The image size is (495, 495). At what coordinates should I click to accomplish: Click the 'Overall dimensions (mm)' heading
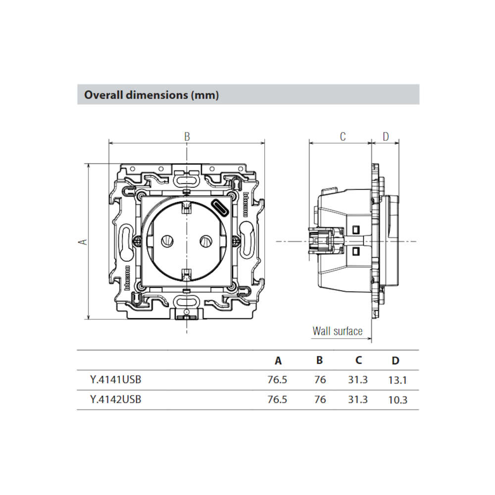tap(151, 95)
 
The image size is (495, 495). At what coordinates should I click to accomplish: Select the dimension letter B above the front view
tap(187, 137)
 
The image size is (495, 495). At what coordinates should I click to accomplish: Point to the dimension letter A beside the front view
tap(83, 242)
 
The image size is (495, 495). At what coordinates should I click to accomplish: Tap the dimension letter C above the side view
tap(343, 137)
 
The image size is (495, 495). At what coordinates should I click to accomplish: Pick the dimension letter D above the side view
tap(386, 137)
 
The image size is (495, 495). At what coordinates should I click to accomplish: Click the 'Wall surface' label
tap(338, 331)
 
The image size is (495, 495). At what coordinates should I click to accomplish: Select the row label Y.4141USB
tap(115, 380)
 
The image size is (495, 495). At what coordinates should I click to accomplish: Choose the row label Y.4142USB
tap(115, 399)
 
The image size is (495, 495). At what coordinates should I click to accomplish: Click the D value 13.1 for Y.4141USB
tap(397, 380)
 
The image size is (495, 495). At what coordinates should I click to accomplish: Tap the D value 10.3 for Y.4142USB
tap(397, 400)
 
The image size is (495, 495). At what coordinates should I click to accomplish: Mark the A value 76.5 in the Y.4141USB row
tap(277, 380)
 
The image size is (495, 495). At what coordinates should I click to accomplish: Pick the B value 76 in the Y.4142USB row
tap(320, 399)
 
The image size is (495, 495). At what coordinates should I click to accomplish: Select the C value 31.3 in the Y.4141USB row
tap(358, 380)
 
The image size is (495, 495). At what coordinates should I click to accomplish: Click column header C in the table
tap(358, 360)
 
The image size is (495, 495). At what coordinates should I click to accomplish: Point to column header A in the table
tap(278, 360)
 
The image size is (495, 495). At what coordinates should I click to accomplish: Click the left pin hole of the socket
tap(167, 242)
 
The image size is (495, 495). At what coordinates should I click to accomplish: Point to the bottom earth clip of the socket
tap(187, 274)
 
